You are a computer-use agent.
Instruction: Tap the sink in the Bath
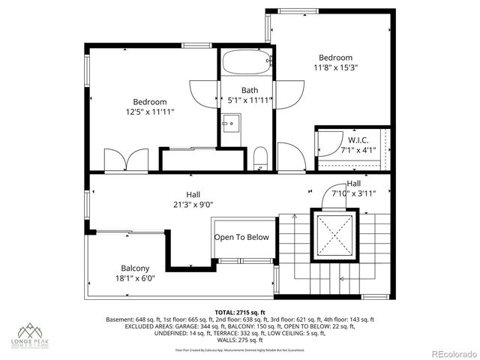(x=231, y=121)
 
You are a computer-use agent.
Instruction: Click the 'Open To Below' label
(x=241, y=238)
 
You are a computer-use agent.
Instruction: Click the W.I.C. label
(x=356, y=139)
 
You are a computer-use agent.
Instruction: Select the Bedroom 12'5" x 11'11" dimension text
(x=150, y=112)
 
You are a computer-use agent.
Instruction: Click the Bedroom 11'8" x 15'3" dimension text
(x=335, y=67)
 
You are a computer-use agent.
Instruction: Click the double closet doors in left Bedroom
(x=125, y=160)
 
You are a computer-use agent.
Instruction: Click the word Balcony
(x=136, y=268)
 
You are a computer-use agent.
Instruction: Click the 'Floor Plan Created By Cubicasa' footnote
(x=240, y=349)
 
